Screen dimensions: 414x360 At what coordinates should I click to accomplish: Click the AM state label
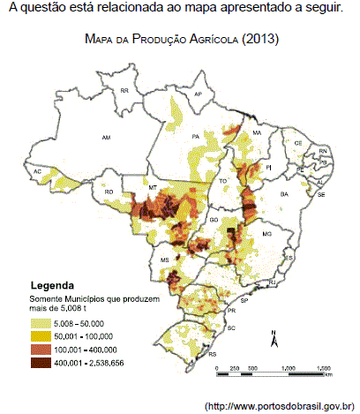[108, 138]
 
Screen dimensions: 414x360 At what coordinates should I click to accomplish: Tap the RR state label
[124, 91]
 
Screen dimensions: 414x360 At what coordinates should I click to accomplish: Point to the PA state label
[195, 136]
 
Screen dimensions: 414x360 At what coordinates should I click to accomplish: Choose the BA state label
[284, 193]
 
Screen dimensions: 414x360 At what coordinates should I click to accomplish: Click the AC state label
[37, 171]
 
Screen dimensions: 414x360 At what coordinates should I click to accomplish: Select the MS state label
[165, 259]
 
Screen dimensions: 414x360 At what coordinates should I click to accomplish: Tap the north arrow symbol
[274, 339]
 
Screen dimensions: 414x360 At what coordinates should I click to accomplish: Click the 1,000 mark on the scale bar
[286, 366]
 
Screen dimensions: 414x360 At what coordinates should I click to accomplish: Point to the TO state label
[223, 180]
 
